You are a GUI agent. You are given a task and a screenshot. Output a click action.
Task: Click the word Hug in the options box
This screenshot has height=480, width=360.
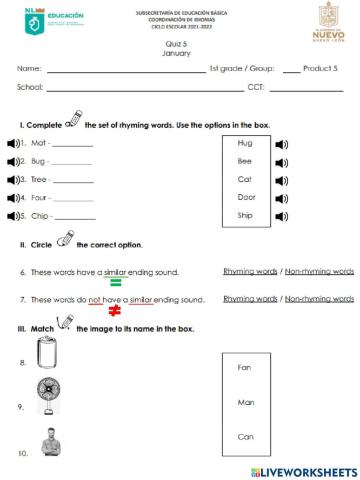[x=244, y=144]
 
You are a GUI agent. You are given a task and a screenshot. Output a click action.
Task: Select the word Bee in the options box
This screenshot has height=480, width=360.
[x=244, y=161]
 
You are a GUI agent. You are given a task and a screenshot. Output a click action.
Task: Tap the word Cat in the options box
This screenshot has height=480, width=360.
[x=244, y=179]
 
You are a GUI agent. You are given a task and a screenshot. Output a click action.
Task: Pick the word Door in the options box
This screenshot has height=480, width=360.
[x=246, y=197]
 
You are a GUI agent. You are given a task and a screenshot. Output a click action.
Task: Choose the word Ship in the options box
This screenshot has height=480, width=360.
[x=245, y=215]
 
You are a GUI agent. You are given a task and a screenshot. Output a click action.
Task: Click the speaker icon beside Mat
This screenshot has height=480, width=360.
[x=12, y=143]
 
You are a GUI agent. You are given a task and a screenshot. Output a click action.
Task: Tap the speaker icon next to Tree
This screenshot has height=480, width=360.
[x=12, y=179]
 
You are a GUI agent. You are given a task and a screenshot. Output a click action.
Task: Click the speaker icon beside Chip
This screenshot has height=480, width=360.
[x=12, y=215]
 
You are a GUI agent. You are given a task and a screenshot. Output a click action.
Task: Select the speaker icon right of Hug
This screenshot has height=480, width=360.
[x=281, y=144]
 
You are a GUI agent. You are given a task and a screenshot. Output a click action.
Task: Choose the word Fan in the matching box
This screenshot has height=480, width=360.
[x=244, y=367]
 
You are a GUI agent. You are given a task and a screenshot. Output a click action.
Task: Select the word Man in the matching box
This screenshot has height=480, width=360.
[x=244, y=402]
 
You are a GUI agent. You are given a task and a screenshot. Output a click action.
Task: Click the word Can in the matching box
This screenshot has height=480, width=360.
[x=244, y=437]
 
